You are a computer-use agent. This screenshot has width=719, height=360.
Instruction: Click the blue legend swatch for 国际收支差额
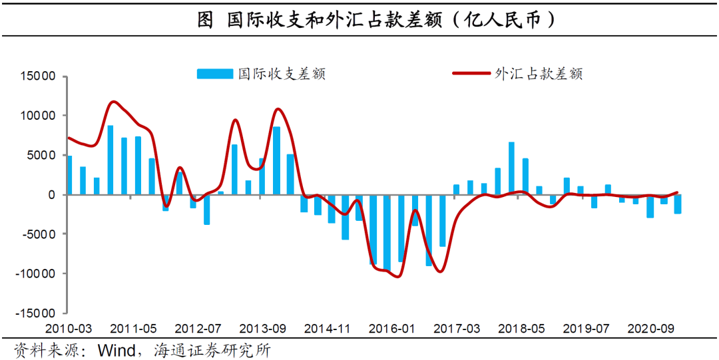214,74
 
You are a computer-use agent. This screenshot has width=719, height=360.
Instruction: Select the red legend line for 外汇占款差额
471,74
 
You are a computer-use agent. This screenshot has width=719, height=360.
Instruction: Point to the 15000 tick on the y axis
39,76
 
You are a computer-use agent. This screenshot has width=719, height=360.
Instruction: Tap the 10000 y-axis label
39,116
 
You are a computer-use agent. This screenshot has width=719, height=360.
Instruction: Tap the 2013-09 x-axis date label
262,329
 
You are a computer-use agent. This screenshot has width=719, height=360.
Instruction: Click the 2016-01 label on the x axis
392,329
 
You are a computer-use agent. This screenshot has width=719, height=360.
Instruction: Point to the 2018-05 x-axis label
521,329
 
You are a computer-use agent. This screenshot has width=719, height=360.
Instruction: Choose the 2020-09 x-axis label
651,329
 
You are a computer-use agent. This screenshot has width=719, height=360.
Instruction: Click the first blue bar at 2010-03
69,175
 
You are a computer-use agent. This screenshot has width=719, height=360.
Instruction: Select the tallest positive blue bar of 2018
511,168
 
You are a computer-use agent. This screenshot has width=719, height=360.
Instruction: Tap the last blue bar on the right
677,204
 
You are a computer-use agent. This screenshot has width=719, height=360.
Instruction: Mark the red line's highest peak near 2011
113,102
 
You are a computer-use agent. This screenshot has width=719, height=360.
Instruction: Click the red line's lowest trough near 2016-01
397,276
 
